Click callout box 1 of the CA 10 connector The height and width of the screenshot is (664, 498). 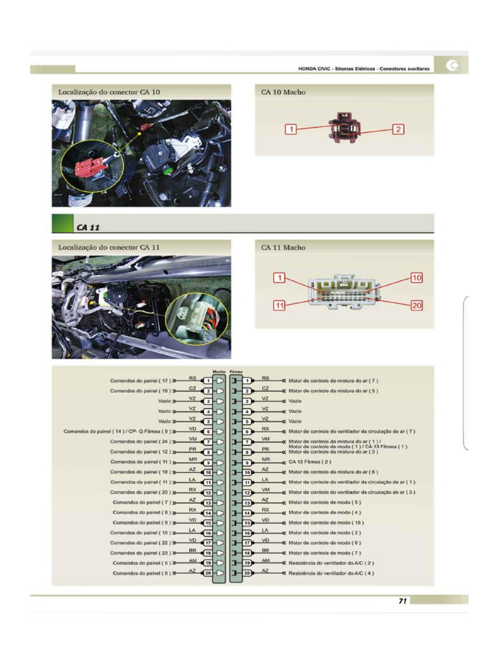point(292,130)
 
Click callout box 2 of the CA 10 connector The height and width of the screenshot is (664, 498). point(398,130)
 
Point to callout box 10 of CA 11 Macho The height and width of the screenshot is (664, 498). point(416,278)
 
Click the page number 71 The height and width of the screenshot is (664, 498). point(402,601)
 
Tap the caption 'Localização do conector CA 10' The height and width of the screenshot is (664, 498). point(109,92)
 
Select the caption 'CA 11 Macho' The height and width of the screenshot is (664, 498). point(283,247)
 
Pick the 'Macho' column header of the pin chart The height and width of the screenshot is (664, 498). point(219,372)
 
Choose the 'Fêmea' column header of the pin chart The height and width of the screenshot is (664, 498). point(236,372)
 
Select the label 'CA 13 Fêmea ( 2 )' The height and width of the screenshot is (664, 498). point(310,462)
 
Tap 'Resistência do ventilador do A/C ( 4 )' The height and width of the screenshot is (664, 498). point(331,573)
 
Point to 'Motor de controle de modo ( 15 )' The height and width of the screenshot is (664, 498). point(326,523)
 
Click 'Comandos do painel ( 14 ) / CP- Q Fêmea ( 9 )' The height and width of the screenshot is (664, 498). point(116,431)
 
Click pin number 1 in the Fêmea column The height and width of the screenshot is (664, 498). point(247,381)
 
